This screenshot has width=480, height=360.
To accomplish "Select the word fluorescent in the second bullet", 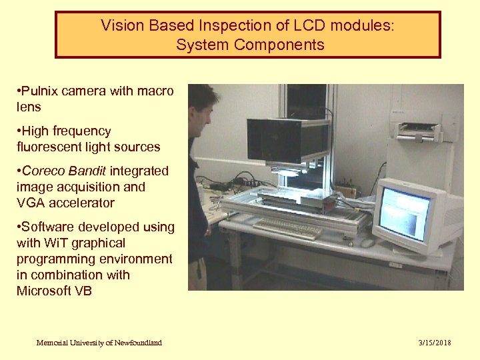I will [x=50, y=147].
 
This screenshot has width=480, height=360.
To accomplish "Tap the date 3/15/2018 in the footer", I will [x=435, y=343].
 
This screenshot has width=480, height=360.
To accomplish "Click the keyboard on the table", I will [x=288, y=229].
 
